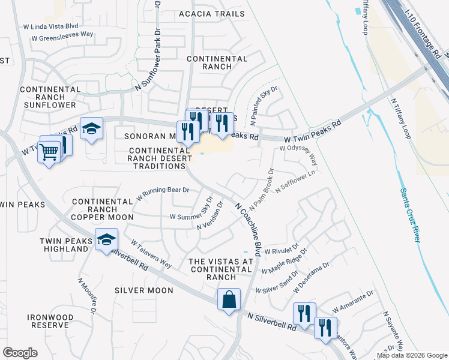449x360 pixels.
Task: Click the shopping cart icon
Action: [49, 152]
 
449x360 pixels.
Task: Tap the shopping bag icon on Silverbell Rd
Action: [229, 299]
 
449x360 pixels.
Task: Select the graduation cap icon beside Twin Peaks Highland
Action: [106, 240]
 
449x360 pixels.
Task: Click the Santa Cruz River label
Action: [409, 215]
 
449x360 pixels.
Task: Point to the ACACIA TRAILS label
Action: [211, 14]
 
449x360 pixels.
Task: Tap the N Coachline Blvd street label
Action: [249, 229]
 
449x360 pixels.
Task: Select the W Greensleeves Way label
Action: [62, 35]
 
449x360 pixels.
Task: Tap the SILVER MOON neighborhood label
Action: [144, 290]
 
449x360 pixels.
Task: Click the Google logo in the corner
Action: [20, 353]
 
